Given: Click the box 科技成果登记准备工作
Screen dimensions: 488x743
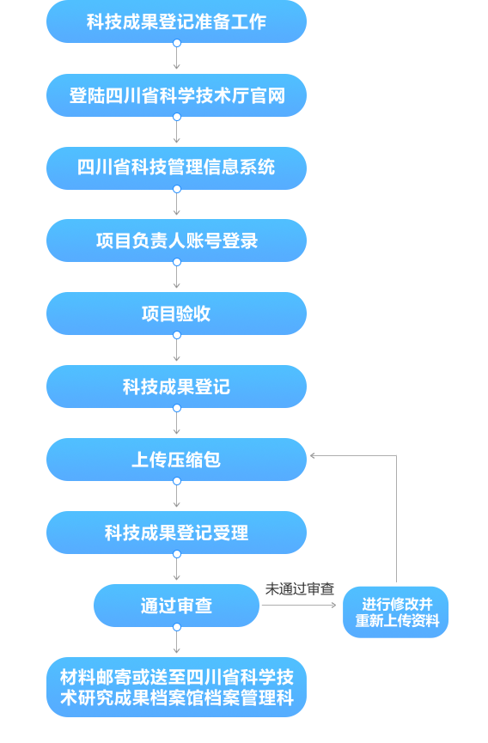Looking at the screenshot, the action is [176, 21].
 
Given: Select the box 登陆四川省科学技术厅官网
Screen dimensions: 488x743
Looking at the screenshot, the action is [176, 95].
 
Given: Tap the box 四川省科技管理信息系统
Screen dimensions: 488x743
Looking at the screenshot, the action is [176, 168].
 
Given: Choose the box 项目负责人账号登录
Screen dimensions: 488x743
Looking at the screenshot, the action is [176, 241].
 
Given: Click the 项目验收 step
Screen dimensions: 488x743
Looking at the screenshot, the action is [176, 314].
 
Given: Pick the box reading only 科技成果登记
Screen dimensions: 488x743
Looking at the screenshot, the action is [176, 387].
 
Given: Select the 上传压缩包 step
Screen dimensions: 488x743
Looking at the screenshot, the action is [176, 460].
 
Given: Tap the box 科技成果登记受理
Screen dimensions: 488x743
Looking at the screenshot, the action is [176, 533].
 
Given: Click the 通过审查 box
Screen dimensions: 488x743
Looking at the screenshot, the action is [176, 606].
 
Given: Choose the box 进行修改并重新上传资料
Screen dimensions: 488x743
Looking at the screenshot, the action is [395, 612].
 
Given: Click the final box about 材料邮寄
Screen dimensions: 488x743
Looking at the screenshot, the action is [176, 687].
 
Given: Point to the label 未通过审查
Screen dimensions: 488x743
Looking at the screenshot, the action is [300, 589].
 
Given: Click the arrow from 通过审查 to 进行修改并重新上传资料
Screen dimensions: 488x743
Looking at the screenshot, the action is [299, 605].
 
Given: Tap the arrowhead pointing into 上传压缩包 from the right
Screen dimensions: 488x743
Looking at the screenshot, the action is [312, 456].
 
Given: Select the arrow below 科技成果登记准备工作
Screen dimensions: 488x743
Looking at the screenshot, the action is [177, 58].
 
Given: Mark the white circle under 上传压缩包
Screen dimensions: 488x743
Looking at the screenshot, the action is [177, 481].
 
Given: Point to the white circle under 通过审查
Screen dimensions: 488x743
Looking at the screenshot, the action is [177, 627].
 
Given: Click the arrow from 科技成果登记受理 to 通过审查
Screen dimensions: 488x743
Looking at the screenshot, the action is [177, 569].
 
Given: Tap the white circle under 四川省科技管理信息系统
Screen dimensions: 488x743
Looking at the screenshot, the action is [177, 189].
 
